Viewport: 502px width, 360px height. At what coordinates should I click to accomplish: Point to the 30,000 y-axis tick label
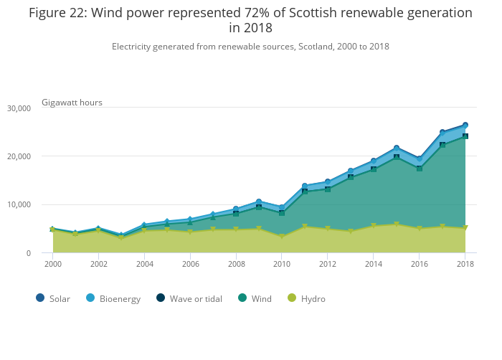pos(18,108)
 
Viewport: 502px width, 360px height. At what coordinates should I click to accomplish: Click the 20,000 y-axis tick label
pos(18,156)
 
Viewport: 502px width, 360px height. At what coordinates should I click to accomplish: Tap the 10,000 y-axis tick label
pos(18,204)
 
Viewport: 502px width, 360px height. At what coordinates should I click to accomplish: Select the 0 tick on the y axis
pos(29,253)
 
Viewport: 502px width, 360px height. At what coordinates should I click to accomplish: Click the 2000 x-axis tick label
pos(53,265)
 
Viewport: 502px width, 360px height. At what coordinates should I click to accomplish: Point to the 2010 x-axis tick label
pos(282,265)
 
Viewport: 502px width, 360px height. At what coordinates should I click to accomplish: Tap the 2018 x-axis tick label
pos(465,265)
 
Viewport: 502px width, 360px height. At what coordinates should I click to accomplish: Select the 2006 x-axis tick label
pos(190,265)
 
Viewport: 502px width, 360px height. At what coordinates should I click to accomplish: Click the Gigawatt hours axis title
pos(72,103)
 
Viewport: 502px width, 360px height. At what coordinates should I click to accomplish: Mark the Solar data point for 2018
pos(465,125)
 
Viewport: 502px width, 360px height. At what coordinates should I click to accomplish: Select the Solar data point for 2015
pos(397,148)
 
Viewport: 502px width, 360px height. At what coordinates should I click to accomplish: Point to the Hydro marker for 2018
pos(465,228)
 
